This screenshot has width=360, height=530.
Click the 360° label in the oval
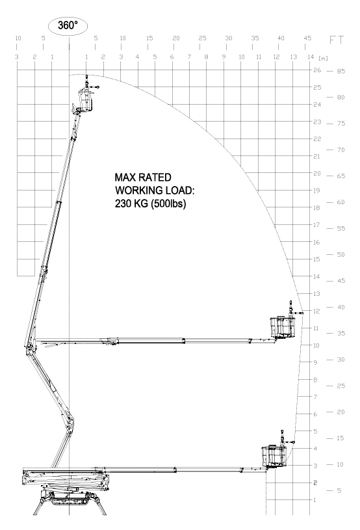(x=68, y=25)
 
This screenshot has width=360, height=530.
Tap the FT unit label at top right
(x=337, y=40)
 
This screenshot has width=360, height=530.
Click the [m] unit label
(x=323, y=59)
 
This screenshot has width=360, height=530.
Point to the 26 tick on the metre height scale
(x=317, y=70)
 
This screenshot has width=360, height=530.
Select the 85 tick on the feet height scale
(x=341, y=72)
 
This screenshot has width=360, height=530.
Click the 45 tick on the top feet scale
(x=307, y=38)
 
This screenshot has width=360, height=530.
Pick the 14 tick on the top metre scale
(x=311, y=57)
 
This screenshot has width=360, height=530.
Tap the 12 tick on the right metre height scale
(x=316, y=311)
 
